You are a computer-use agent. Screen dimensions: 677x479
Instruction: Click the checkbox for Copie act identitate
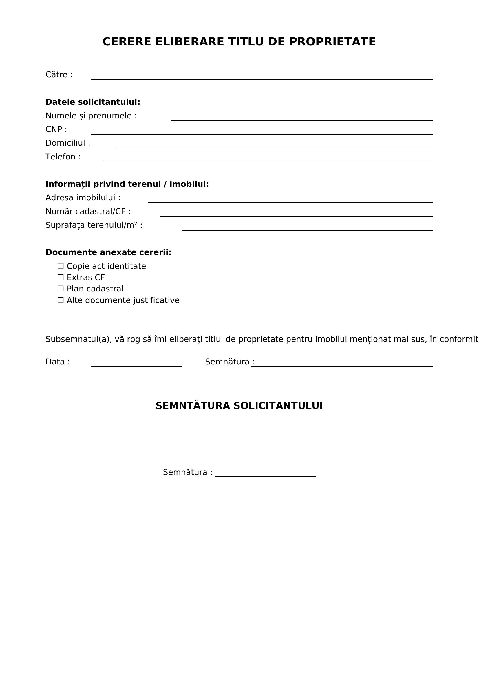61,266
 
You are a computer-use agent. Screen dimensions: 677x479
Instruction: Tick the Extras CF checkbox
61,277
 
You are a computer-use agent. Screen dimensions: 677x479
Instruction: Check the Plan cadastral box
61,288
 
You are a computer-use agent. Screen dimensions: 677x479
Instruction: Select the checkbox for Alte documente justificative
61,300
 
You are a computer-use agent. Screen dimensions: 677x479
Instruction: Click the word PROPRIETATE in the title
332,42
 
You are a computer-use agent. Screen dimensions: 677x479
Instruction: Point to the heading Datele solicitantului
93,102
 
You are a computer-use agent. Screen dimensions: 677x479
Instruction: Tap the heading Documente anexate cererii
108,252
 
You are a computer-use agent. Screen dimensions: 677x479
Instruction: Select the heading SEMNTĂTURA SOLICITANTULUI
239,406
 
